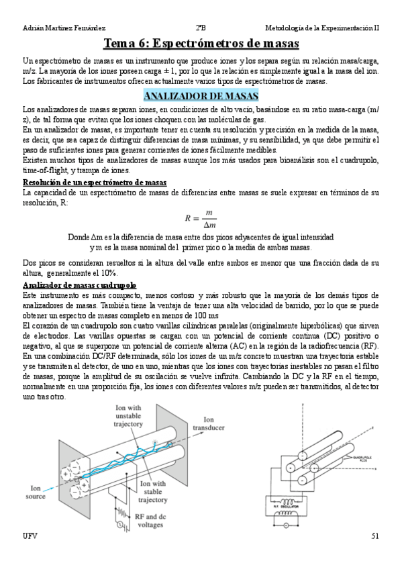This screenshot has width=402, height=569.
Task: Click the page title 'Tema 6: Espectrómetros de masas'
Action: click(x=201, y=45)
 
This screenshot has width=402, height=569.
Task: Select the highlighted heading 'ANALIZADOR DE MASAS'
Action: click(x=201, y=96)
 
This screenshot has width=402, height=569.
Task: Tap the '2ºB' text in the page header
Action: click(x=200, y=28)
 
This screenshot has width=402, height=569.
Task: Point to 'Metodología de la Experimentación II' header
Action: click(x=322, y=28)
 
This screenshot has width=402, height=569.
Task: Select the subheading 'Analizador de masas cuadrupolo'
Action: click(x=79, y=285)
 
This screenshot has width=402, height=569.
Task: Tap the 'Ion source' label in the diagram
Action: click(x=36, y=493)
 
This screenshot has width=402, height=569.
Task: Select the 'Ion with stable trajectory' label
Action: click(x=153, y=492)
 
